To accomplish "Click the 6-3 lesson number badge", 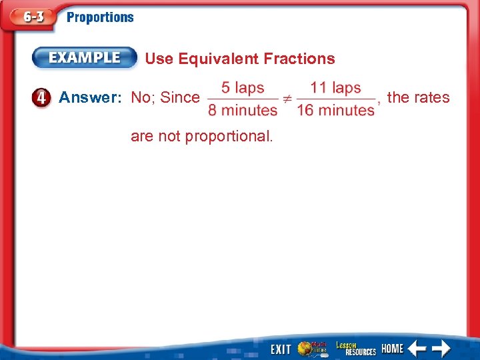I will pos(29,18).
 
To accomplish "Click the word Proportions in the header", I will pos(100,18).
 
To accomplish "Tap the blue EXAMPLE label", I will pos(84,58).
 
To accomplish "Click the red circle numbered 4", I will pos(41,98).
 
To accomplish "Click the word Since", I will pos(180,98).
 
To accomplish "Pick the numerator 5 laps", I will pos(243,88).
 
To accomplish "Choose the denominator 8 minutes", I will pos(243,110).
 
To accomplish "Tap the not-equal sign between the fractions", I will pos(286,99).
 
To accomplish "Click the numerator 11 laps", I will pos(335,88).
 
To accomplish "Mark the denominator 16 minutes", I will pos(335,110).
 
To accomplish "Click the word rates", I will pos(432,98).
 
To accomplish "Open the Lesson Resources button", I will pos(355,348).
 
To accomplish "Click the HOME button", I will pos(392,349).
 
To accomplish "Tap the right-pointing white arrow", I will pos(441,348).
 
